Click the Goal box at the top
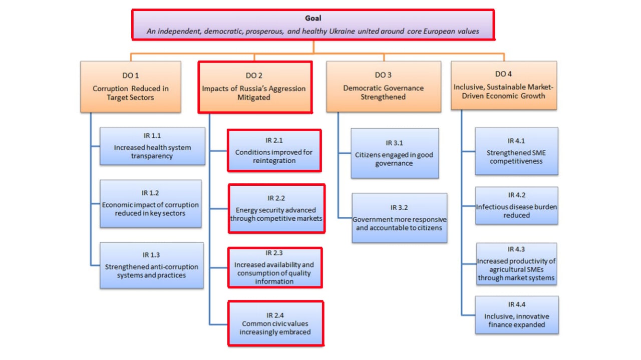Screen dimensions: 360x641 tap(313, 25)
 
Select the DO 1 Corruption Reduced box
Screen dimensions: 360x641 tap(131, 87)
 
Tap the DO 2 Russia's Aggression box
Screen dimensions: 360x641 tap(255, 87)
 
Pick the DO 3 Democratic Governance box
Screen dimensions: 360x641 tap(384, 87)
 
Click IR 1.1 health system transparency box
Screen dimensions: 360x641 tap(152, 146)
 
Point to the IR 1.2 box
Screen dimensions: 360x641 tap(150, 204)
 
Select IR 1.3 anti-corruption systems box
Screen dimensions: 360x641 tap(152, 265)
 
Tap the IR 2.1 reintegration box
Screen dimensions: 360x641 tap(274, 151)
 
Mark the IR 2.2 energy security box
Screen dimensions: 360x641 tap(276, 208)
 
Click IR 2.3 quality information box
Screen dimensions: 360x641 tap(274, 267)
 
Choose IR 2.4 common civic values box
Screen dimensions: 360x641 tap(275, 323)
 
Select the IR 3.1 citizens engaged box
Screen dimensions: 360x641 tap(395, 153)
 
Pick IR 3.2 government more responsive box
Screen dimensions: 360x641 tap(399, 218)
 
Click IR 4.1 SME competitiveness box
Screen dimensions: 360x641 tap(516, 151)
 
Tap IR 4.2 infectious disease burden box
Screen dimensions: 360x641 tap(516, 205)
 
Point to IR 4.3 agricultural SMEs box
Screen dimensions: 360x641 tap(516, 264)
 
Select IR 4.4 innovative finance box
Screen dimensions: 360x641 tap(516, 315)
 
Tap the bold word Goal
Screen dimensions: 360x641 tap(313, 19)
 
